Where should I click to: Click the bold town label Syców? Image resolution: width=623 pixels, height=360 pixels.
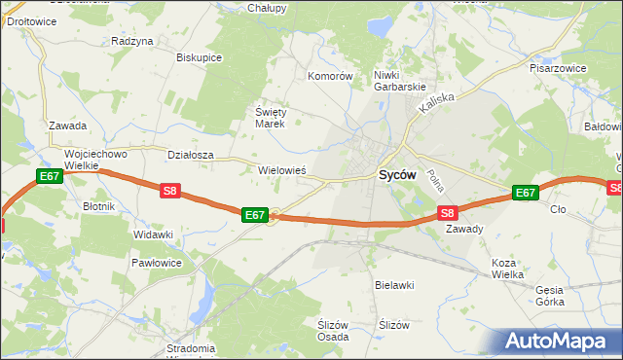click(x=396, y=175)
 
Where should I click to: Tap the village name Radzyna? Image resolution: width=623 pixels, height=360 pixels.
click(x=132, y=41)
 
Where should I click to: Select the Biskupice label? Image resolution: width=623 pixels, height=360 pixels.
click(x=199, y=57)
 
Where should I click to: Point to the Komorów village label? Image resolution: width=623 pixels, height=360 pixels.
click(x=329, y=76)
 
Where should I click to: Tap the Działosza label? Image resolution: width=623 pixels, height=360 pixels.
click(x=190, y=154)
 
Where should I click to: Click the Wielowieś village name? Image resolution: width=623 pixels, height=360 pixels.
click(x=282, y=169)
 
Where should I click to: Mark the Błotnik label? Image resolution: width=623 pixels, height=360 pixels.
click(x=99, y=206)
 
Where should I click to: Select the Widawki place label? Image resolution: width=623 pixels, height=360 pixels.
click(x=153, y=234)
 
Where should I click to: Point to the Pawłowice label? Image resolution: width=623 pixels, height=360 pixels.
click(x=156, y=263)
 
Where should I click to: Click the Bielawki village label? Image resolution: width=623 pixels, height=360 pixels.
click(x=395, y=285)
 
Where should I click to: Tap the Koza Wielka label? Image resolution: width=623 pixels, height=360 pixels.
click(x=508, y=269)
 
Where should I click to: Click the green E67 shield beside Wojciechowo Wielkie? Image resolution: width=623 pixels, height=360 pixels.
click(x=50, y=176)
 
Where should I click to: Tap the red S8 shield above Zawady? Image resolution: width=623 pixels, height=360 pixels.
click(x=447, y=212)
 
